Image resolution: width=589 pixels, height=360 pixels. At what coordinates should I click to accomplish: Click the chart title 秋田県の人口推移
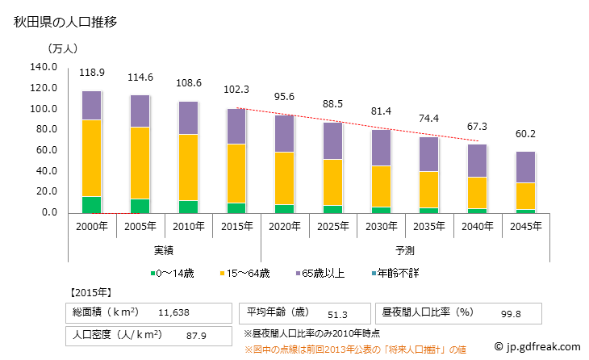(65, 23)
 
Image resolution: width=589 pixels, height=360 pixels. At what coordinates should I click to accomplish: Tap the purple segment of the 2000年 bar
(92, 105)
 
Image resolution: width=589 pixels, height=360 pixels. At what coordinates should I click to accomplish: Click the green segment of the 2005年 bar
(140, 206)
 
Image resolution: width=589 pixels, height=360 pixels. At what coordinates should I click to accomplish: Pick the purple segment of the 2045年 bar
(525, 167)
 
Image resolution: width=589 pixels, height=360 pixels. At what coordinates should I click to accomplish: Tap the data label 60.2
(525, 134)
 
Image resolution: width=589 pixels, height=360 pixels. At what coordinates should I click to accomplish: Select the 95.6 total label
(285, 97)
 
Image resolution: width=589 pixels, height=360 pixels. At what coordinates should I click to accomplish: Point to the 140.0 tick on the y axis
(43, 67)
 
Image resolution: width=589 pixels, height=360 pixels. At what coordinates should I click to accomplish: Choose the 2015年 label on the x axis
(236, 227)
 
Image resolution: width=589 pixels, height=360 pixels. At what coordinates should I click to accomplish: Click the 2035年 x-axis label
(428, 227)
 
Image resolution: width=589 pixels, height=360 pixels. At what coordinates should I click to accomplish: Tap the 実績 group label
(164, 251)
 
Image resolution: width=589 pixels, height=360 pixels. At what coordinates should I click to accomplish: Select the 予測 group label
(405, 251)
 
